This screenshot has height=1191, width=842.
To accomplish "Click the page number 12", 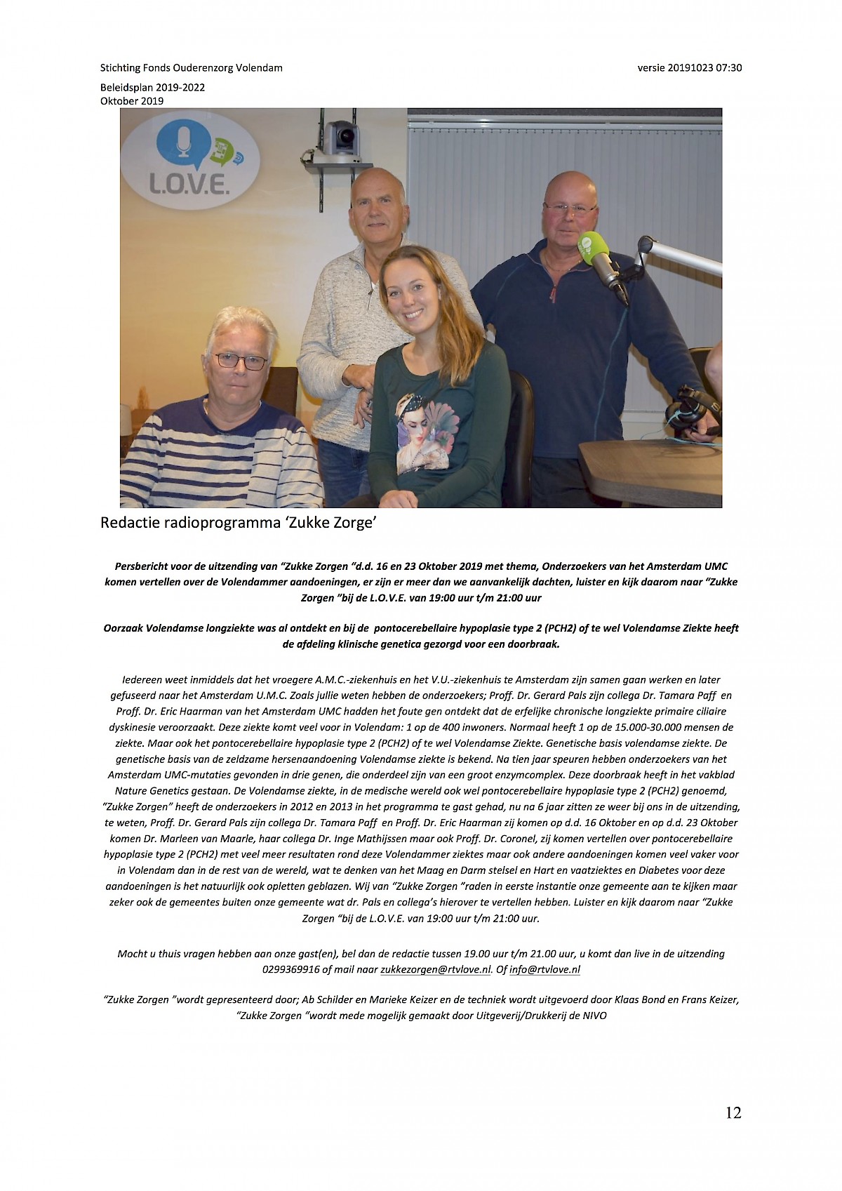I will (733, 1112).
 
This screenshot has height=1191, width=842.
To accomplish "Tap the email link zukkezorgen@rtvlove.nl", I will (435, 970).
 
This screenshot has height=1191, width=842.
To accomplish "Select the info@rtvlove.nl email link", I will (544, 970).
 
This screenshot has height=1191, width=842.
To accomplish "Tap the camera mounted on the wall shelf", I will (342, 137).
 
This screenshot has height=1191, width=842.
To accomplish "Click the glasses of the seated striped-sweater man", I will (241, 361).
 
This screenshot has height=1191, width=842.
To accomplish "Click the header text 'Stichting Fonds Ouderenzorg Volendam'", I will (191, 68).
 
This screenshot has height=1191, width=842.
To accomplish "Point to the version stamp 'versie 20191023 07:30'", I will (689, 68).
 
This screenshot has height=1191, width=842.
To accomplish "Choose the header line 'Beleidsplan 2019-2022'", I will (152, 88).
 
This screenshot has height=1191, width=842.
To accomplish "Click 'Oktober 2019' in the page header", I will (131, 100).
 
